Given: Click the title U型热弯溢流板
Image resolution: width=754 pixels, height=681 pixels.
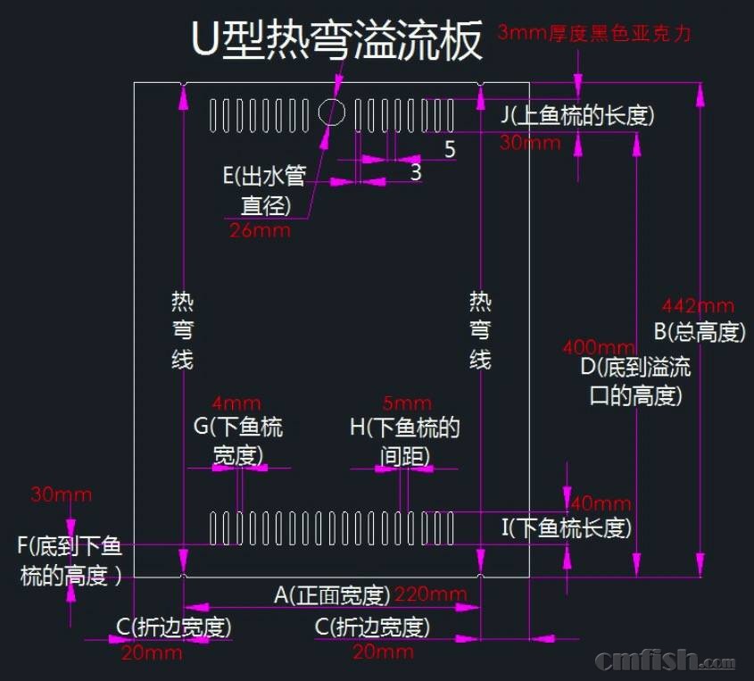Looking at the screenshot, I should point(337,40).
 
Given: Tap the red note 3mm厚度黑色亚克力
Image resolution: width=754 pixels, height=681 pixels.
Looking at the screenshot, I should point(594,34).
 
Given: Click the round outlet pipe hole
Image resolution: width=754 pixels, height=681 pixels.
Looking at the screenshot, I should point(332,112).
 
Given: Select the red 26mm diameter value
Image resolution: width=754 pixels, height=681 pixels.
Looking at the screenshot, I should point(260,230).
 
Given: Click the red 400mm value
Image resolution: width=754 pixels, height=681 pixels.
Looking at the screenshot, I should point(599,347).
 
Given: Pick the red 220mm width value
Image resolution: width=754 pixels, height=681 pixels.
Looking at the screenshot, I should point(430,594).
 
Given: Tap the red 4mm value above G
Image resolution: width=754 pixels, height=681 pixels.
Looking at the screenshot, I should point(236,403).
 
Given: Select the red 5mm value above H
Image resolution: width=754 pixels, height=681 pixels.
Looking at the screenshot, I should point(406,403).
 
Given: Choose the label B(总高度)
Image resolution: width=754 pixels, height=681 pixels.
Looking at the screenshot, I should point(700,332).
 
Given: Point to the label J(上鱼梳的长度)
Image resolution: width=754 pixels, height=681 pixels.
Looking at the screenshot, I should point(577,115).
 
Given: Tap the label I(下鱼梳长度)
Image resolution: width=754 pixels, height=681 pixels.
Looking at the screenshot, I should point(566,527).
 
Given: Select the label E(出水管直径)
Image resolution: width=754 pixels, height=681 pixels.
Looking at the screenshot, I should point(265,189).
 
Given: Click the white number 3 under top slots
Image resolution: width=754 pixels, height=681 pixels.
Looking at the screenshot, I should point(416,172).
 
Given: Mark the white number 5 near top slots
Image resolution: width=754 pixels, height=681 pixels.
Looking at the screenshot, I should point(450,149).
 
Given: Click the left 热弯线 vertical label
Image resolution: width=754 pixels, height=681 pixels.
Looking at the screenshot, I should point(182,330).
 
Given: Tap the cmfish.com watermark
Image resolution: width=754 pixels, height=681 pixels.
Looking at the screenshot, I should point(665,661).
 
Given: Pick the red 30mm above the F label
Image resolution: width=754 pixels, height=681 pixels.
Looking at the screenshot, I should point(62,494).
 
